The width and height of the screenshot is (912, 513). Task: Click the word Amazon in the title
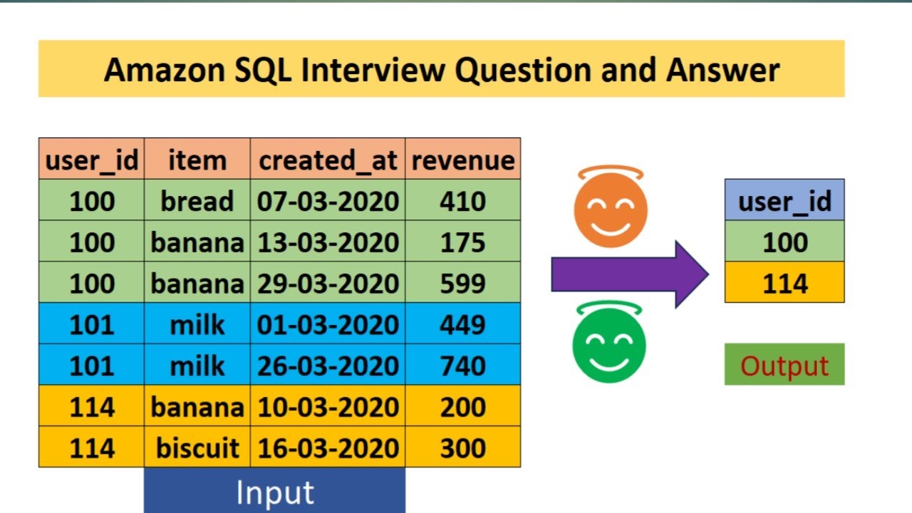(x=164, y=70)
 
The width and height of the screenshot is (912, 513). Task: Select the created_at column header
(x=328, y=159)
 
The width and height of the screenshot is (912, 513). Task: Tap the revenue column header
(x=463, y=159)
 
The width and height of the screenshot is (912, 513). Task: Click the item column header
(x=197, y=159)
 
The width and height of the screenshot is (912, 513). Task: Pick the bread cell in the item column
(x=197, y=200)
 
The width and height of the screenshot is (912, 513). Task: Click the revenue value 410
(x=463, y=200)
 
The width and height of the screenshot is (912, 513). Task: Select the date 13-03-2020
(x=328, y=242)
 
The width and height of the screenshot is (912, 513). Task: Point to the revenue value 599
(x=463, y=283)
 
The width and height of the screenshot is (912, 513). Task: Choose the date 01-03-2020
(x=328, y=324)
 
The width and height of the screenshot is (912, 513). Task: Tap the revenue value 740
(x=463, y=366)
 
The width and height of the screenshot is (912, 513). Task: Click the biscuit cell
(x=197, y=447)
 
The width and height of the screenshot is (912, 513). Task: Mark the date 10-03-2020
(x=328, y=406)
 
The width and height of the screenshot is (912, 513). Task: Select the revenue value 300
(x=463, y=447)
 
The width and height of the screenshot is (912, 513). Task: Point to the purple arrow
(x=630, y=274)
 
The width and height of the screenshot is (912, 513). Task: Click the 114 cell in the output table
(x=784, y=283)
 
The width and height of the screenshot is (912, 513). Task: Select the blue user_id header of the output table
(x=784, y=200)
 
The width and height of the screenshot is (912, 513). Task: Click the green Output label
(x=784, y=364)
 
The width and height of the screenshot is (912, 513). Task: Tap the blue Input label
(x=275, y=491)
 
